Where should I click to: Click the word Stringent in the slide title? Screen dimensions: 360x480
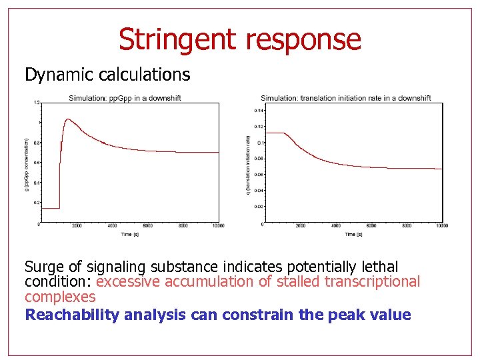178,39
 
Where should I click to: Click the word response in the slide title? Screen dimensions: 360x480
303,41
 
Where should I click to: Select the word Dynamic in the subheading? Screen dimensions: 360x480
55,75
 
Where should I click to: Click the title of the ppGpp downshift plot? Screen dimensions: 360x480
125,98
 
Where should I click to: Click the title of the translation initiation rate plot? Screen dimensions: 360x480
345,98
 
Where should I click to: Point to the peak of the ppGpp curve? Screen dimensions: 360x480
67,119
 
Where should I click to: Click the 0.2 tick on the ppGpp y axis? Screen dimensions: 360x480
37,203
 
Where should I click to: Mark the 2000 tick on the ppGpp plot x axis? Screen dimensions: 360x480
77,226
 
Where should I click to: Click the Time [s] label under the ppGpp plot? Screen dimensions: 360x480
130,234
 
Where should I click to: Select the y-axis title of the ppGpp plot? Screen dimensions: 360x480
27,163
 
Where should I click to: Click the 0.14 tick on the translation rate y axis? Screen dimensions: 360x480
259,111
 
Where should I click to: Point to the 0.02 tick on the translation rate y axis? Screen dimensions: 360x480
259,207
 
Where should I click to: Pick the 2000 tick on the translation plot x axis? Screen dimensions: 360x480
300,226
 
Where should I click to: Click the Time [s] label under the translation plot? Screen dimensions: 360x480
353,234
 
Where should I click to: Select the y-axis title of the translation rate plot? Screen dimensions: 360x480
249,163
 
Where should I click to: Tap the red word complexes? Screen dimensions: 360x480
60,297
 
